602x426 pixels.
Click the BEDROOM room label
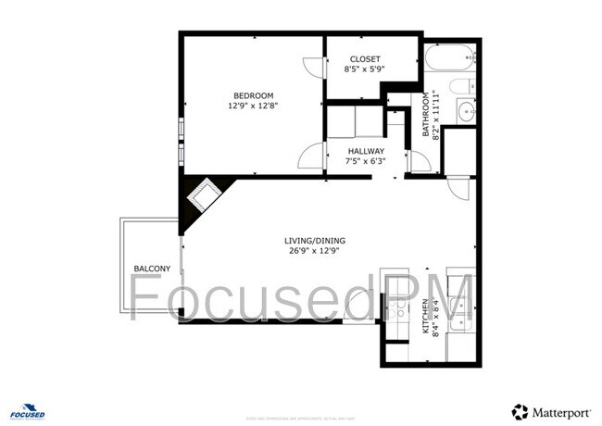253,95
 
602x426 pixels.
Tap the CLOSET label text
364,58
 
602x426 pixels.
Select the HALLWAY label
366,151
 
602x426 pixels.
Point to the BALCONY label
152,269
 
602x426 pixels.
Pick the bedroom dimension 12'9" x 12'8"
253,106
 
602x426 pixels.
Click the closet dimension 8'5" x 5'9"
364,69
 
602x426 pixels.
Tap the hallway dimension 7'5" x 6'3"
366,161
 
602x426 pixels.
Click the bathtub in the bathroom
449,59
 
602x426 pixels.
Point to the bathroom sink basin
465,113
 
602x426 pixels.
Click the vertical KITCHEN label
426,317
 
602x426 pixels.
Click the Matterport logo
552,411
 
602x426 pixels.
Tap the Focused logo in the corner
28,410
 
